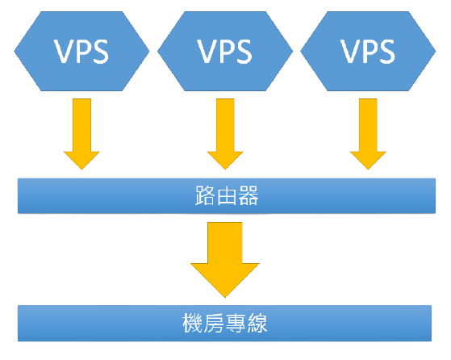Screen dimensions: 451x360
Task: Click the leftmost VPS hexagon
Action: (81, 51)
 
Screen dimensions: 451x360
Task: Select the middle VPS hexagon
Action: (225, 51)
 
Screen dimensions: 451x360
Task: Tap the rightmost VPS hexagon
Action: (368, 51)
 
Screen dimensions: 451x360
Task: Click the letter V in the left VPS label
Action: (63, 51)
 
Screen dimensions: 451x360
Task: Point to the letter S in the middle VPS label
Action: (243, 51)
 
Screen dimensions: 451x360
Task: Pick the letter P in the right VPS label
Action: (369, 51)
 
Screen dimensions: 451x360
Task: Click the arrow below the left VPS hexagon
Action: (81, 134)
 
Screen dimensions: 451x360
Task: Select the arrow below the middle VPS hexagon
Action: (225, 134)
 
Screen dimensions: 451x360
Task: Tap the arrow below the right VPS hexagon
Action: (368, 134)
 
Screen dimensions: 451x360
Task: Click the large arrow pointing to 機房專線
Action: (225, 260)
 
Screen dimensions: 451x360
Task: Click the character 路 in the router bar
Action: (205, 195)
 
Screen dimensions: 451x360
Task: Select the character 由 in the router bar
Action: (227, 195)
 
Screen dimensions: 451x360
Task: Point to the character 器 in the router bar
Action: (248, 195)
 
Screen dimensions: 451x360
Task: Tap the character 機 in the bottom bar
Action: (193, 323)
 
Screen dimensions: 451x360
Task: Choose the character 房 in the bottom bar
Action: (215, 323)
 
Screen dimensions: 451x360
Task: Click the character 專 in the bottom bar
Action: (236, 323)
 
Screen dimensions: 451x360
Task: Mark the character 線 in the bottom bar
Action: (257, 323)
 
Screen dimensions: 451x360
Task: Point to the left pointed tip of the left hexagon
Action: (14, 51)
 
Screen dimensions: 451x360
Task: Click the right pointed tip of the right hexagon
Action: (436, 51)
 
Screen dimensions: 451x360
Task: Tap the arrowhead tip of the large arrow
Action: (225, 298)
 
